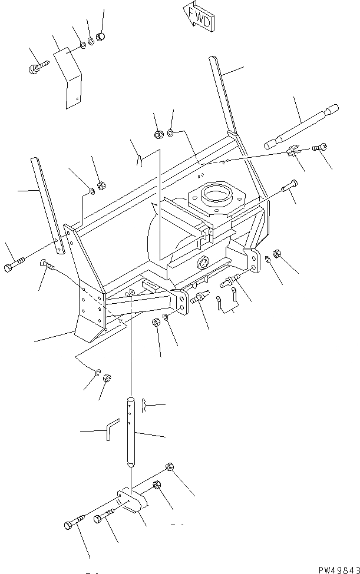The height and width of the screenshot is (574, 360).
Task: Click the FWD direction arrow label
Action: [198, 16]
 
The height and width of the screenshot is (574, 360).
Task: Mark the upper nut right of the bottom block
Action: [169, 467]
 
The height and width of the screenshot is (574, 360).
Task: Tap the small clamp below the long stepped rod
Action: [291, 152]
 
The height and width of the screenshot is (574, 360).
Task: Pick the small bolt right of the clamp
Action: [321, 147]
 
